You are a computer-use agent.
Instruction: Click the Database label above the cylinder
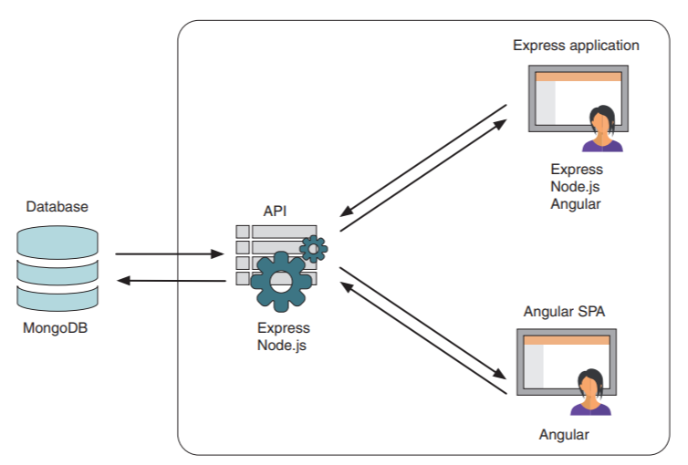57,207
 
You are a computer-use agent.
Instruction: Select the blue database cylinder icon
57,268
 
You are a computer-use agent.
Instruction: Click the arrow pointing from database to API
170,254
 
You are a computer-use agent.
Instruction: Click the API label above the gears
275,211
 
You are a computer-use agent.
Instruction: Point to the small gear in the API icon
314,247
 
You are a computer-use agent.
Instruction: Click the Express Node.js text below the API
283,336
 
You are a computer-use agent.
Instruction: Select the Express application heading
576,45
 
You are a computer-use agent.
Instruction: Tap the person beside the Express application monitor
603,129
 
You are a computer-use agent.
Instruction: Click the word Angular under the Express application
576,203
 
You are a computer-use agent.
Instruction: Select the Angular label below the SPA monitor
564,435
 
